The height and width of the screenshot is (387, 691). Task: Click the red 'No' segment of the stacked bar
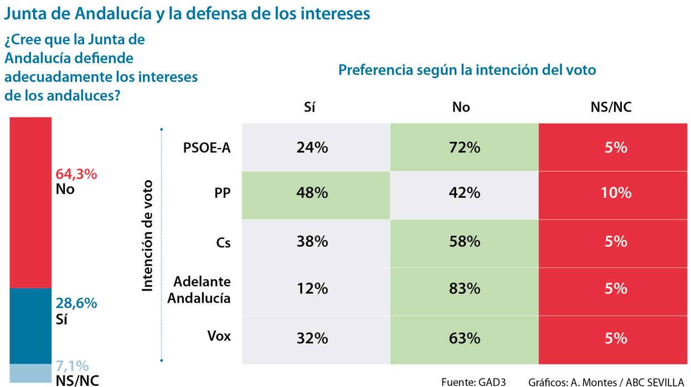pyautogui.click(x=30, y=202)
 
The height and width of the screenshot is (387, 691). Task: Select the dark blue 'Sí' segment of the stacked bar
pyautogui.click(x=30, y=326)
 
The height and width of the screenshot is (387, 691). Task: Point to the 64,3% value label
pyautogui.click(x=76, y=174)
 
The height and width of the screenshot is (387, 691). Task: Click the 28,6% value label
pyautogui.click(x=76, y=303)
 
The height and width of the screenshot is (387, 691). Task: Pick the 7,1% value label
pyautogui.click(x=72, y=366)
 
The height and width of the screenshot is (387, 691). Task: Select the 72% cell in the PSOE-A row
pyautogui.click(x=464, y=147)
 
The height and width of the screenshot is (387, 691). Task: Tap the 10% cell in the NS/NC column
pyautogui.click(x=615, y=193)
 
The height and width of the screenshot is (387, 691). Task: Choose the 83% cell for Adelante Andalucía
pyautogui.click(x=464, y=289)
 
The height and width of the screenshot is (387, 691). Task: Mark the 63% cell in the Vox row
pyautogui.click(x=464, y=338)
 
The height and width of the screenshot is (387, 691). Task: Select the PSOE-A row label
pyautogui.click(x=207, y=148)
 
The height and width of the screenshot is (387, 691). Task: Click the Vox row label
pyautogui.click(x=219, y=336)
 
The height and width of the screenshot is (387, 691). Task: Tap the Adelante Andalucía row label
pyautogui.click(x=199, y=289)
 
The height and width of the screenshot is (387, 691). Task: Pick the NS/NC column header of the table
pyautogui.click(x=611, y=108)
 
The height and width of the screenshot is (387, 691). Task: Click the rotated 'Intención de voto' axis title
pyautogui.click(x=147, y=235)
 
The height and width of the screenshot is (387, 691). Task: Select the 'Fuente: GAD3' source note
pyautogui.click(x=473, y=381)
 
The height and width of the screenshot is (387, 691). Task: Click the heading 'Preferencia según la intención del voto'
pyautogui.click(x=467, y=70)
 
